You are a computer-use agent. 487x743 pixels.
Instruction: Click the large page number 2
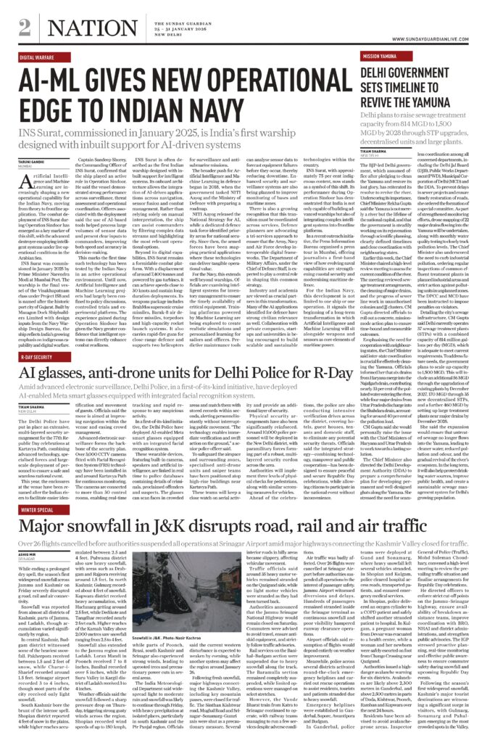(x=24, y=28)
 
